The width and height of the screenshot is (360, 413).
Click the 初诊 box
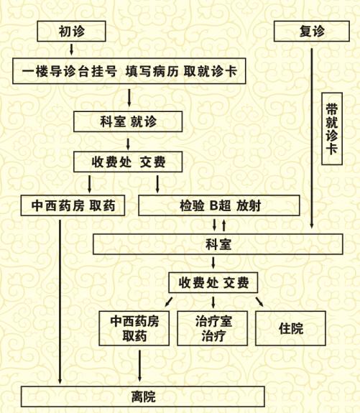(71, 32)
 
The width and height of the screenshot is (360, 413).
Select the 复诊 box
(312, 32)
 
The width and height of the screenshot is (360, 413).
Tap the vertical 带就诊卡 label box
(332, 129)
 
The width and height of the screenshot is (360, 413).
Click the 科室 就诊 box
(128, 121)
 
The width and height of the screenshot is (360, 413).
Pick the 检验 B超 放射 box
(219, 205)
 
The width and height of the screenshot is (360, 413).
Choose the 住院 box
(291, 328)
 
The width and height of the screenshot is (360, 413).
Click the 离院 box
(143, 396)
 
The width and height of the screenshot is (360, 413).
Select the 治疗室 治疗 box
(213, 328)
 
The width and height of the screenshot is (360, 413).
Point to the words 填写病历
(152, 71)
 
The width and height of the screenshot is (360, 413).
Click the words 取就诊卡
(211, 71)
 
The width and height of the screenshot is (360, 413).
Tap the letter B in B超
(214, 205)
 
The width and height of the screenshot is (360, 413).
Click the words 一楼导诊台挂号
(70, 71)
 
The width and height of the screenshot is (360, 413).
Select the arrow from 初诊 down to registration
(71, 50)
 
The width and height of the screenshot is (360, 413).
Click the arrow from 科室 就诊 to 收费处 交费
(128, 144)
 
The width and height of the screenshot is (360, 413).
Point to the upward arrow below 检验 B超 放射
(224, 226)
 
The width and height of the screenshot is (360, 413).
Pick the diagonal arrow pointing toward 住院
(259, 302)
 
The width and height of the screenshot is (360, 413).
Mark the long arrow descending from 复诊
(312, 139)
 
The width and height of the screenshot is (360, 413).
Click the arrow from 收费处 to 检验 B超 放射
(157, 184)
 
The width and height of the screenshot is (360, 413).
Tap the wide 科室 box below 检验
(218, 244)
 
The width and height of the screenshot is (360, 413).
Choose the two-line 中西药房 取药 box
(134, 328)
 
